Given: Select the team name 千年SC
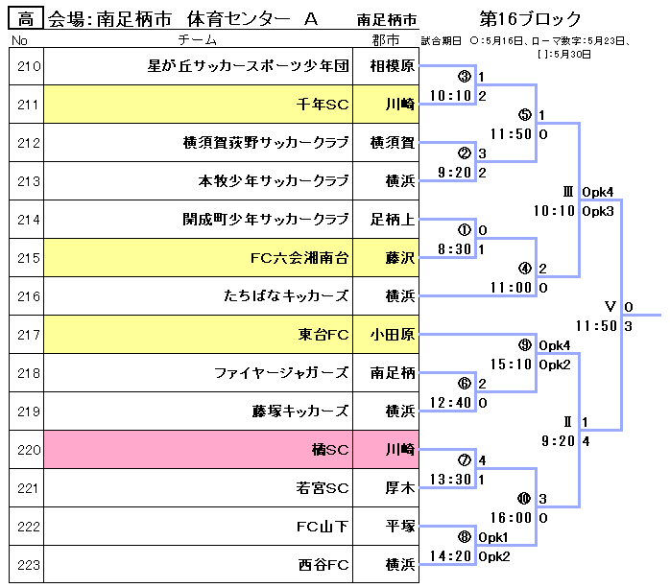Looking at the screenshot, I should click(x=323, y=105).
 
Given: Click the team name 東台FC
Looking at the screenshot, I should click(x=323, y=335).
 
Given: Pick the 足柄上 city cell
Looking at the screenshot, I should click(x=392, y=219).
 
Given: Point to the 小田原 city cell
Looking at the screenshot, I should click(x=392, y=335).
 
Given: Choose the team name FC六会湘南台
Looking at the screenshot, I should click(x=299, y=257).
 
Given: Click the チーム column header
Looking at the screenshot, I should click(x=199, y=39).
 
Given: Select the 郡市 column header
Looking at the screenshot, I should click(x=386, y=39).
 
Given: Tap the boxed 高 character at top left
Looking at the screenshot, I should click(x=25, y=19).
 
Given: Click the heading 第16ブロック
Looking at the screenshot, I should click(x=531, y=19).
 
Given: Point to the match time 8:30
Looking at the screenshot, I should click(x=454, y=248).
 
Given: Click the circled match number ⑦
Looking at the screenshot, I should click(x=465, y=459).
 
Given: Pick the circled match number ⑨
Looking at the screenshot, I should click(x=524, y=345).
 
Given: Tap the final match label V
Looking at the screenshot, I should click(x=610, y=306).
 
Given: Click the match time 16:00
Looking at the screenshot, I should click(x=511, y=517).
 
